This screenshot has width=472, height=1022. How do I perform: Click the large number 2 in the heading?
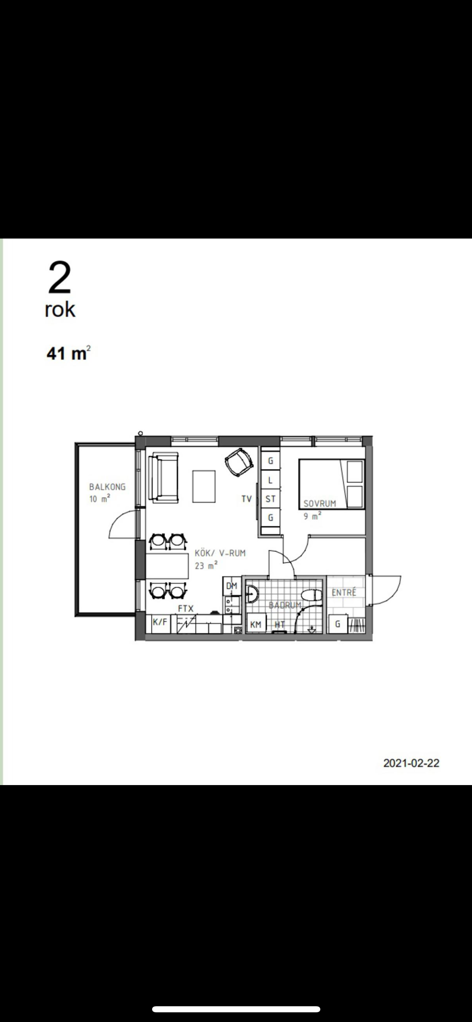pyautogui.click(x=59, y=278)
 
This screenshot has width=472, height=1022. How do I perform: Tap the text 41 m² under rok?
pyautogui.click(x=68, y=353)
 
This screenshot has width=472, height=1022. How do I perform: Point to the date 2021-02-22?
pyautogui.click(x=411, y=763)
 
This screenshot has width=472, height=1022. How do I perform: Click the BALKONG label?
pyautogui.click(x=107, y=487)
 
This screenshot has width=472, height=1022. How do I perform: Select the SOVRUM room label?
pyautogui.click(x=320, y=503)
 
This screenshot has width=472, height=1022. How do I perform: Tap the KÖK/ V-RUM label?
pyautogui.click(x=220, y=553)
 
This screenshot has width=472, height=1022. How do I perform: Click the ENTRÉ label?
pyautogui.click(x=344, y=592)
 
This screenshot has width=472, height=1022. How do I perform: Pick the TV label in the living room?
pyautogui.click(x=246, y=499)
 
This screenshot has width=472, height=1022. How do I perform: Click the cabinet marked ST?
pyautogui.click(x=270, y=499)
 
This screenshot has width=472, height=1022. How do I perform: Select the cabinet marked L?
pyautogui.click(x=270, y=480)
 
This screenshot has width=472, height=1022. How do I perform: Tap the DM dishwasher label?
pyautogui.click(x=232, y=586)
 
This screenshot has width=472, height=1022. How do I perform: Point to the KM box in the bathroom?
pyautogui.click(x=256, y=624)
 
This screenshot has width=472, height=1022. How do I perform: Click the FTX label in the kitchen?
pyautogui.click(x=186, y=608)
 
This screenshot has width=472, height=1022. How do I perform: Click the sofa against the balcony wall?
pyautogui.click(x=163, y=477)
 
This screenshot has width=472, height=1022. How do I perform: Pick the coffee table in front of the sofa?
pyautogui.click(x=204, y=486)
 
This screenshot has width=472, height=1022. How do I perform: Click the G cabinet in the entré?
pyautogui.click(x=338, y=624)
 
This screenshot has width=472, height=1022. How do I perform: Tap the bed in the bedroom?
pyautogui.click(x=332, y=484)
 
